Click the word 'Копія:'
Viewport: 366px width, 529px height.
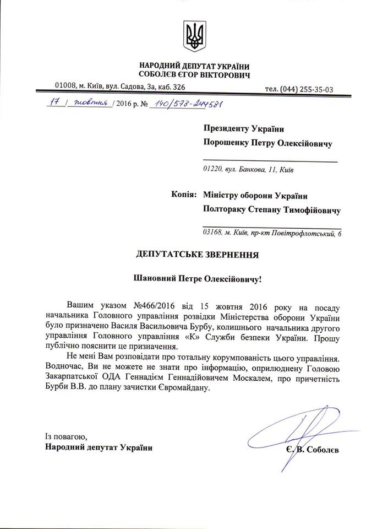pyautogui.click(x=181, y=195)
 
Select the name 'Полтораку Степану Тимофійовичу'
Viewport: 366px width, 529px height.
pyautogui.click(x=271, y=210)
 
